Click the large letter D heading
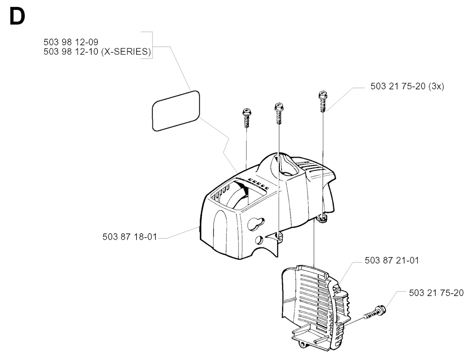[x=17, y=17]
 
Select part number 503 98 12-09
[x=71, y=42]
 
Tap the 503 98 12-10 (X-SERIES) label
[x=97, y=52]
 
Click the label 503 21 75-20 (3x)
[x=407, y=86]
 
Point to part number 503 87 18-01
[x=130, y=237]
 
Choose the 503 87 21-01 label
[x=391, y=260]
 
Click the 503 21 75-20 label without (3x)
[x=436, y=293]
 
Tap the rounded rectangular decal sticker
[x=176, y=111]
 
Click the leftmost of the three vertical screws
[x=246, y=118]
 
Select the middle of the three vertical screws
[x=279, y=113]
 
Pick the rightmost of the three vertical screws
[x=323, y=101]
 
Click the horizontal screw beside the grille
[x=374, y=313]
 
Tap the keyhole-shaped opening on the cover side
[x=256, y=224]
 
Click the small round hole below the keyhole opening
[x=259, y=240]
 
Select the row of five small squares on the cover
[x=258, y=184]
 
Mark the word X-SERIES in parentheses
[x=126, y=52]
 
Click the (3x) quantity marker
[x=436, y=86]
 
